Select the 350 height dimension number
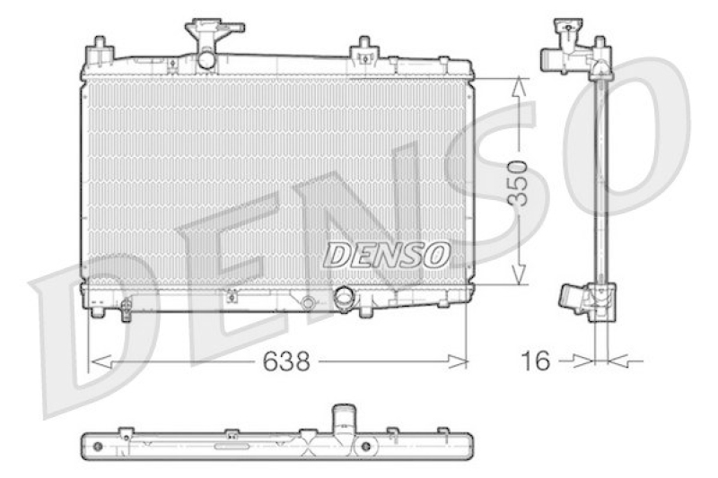519,183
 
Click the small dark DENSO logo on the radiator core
386,255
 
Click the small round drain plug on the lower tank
308,302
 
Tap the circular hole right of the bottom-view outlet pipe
366,446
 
